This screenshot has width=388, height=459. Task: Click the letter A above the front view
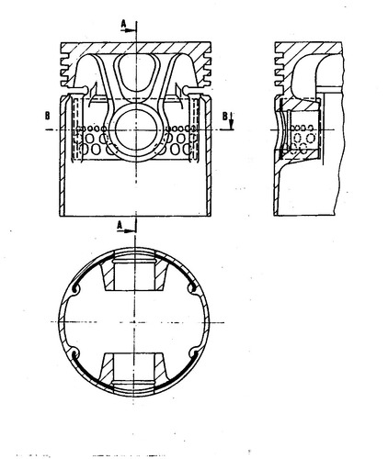click(123, 23)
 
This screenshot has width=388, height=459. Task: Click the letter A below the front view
click(120, 225)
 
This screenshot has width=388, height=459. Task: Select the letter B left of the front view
click(48, 116)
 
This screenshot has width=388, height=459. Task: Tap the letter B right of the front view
click(224, 116)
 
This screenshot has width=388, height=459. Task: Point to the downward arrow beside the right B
click(232, 120)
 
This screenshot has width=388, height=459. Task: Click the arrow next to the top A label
click(129, 30)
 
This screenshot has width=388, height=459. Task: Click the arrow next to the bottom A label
click(126, 231)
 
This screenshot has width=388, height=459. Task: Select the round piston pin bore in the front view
click(136, 130)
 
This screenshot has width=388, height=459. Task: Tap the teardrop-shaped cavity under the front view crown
click(136, 73)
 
